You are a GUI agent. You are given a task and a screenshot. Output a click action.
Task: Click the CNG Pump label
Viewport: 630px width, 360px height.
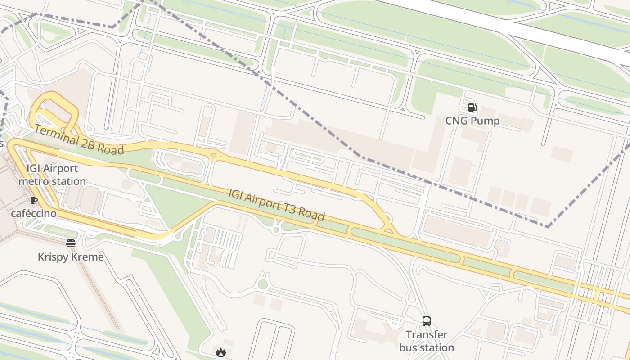tap(472, 121)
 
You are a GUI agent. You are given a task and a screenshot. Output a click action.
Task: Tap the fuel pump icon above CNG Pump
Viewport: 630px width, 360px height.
tap(472, 108)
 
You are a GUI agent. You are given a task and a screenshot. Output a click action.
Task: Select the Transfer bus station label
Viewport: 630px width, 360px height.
tap(427, 341)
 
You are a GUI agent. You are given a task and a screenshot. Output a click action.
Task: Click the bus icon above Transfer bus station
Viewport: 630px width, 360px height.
tap(427, 321)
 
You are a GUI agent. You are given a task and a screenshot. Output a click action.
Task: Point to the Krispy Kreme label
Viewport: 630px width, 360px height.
tap(71, 257)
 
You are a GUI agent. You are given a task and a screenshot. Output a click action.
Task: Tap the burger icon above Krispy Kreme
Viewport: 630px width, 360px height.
tap(71, 243)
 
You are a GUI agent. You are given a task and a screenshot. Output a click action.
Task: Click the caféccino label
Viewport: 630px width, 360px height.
tap(34, 213)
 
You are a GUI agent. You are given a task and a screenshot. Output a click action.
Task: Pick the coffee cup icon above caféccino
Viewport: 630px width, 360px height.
tap(34, 200)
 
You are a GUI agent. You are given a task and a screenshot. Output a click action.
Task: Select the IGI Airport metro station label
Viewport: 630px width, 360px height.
tap(52, 175)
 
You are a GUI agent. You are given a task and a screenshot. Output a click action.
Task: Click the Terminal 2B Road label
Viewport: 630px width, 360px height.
tap(79, 140)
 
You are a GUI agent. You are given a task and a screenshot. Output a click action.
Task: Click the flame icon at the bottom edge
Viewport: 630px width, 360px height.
tap(220, 352)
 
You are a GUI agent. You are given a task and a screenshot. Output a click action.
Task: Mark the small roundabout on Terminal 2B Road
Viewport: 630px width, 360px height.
tap(214, 156)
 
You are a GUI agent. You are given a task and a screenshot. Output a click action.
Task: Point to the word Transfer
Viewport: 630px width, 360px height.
tap(427, 335)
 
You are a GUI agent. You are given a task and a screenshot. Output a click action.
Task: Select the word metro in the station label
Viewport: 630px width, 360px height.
tap(35, 181)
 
